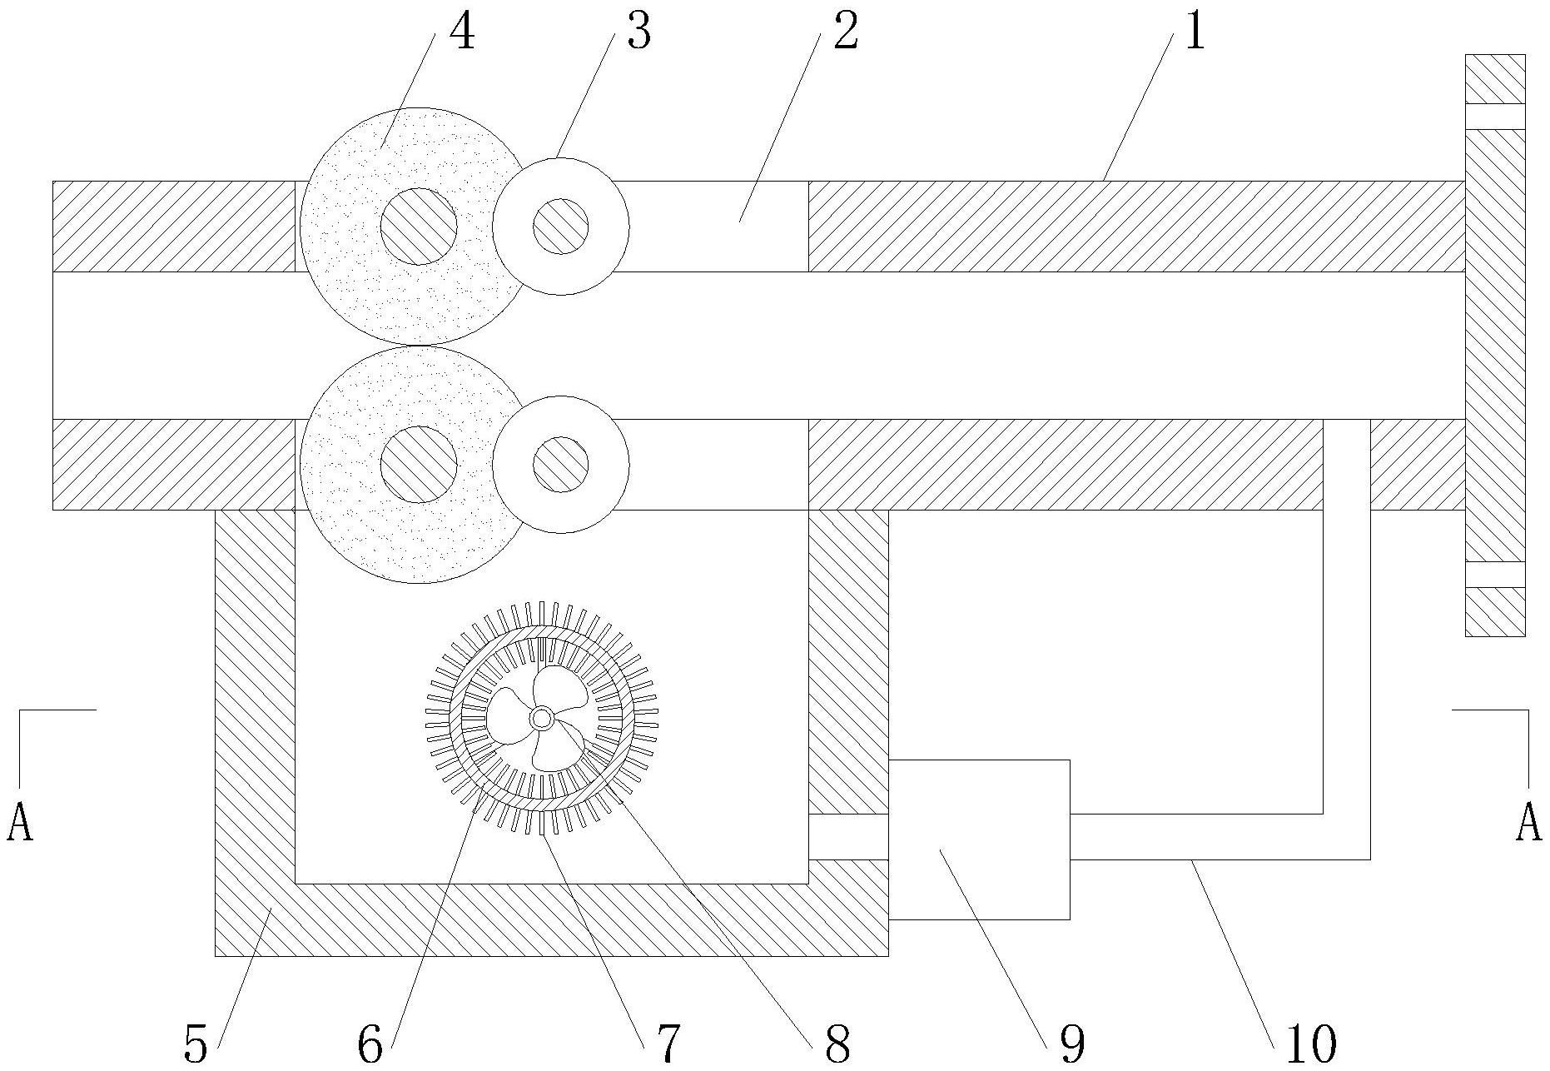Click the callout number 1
pyautogui.click(x=1195, y=33)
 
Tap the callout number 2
pyautogui.click(x=845, y=33)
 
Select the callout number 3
pyautogui.click(x=638, y=33)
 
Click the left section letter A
pyautogui.click(x=20, y=823)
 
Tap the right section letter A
pyautogui.click(x=1528, y=823)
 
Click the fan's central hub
pyautogui.click(x=541, y=717)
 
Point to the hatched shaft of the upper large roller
pyautogui.click(x=419, y=226)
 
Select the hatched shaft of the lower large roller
pyautogui.click(x=419, y=464)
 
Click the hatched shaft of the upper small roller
pyautogui.click(x=560, y=226)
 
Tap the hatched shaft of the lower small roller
pyautogui.click(x=560, y=464)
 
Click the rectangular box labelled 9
pyautogui.click(x=979, y=839)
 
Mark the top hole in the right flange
pyautogui.click(x=1495, y=117)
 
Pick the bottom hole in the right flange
pyautogui.click(x=1495, y=575)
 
